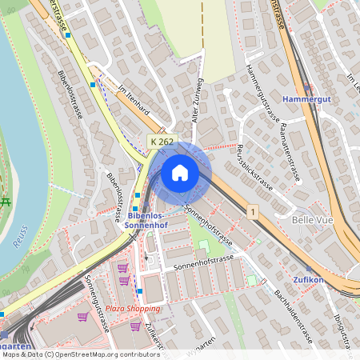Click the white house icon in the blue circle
180,173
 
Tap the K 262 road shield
162,142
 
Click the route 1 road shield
253,212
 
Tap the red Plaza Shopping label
134,308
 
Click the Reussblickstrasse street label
252,164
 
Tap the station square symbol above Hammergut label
306,88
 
